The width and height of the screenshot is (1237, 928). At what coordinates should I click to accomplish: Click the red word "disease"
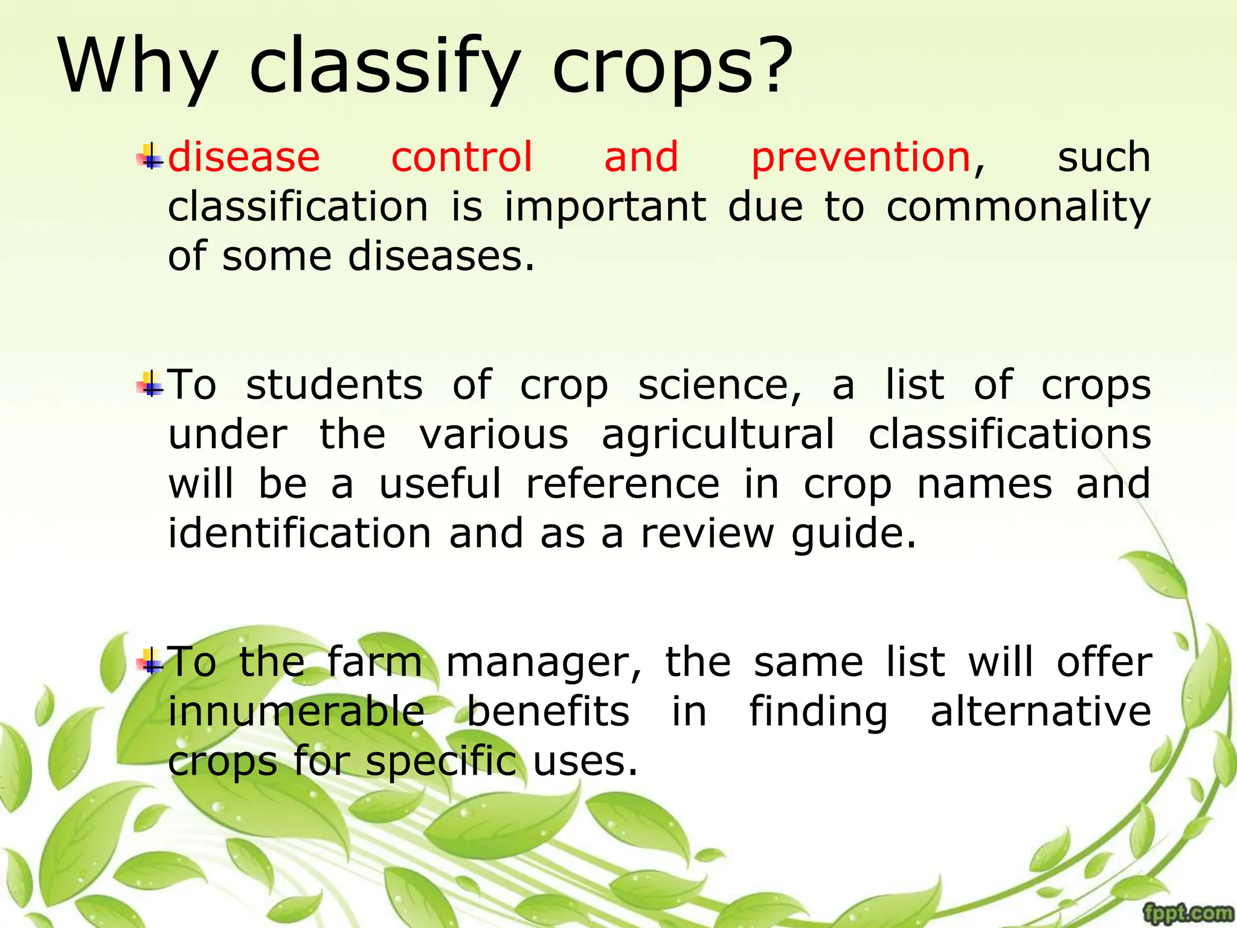243,158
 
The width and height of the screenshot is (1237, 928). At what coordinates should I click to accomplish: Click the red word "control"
462,158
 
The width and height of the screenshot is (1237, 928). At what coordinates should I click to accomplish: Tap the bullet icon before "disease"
150,157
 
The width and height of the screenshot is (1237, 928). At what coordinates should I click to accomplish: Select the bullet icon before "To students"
150,385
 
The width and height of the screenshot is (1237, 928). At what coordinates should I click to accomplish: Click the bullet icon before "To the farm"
150,662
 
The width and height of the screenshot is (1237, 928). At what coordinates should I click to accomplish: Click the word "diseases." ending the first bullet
442,257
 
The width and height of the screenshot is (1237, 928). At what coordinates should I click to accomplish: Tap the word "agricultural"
718,436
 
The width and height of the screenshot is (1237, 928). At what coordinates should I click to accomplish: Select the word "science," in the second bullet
719,386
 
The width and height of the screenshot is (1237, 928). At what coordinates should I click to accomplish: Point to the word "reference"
623,485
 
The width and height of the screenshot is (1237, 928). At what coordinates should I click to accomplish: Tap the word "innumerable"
296,712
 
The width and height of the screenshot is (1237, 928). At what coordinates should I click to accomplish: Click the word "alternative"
1041,712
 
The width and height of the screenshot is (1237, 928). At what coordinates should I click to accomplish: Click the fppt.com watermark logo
1188,913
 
